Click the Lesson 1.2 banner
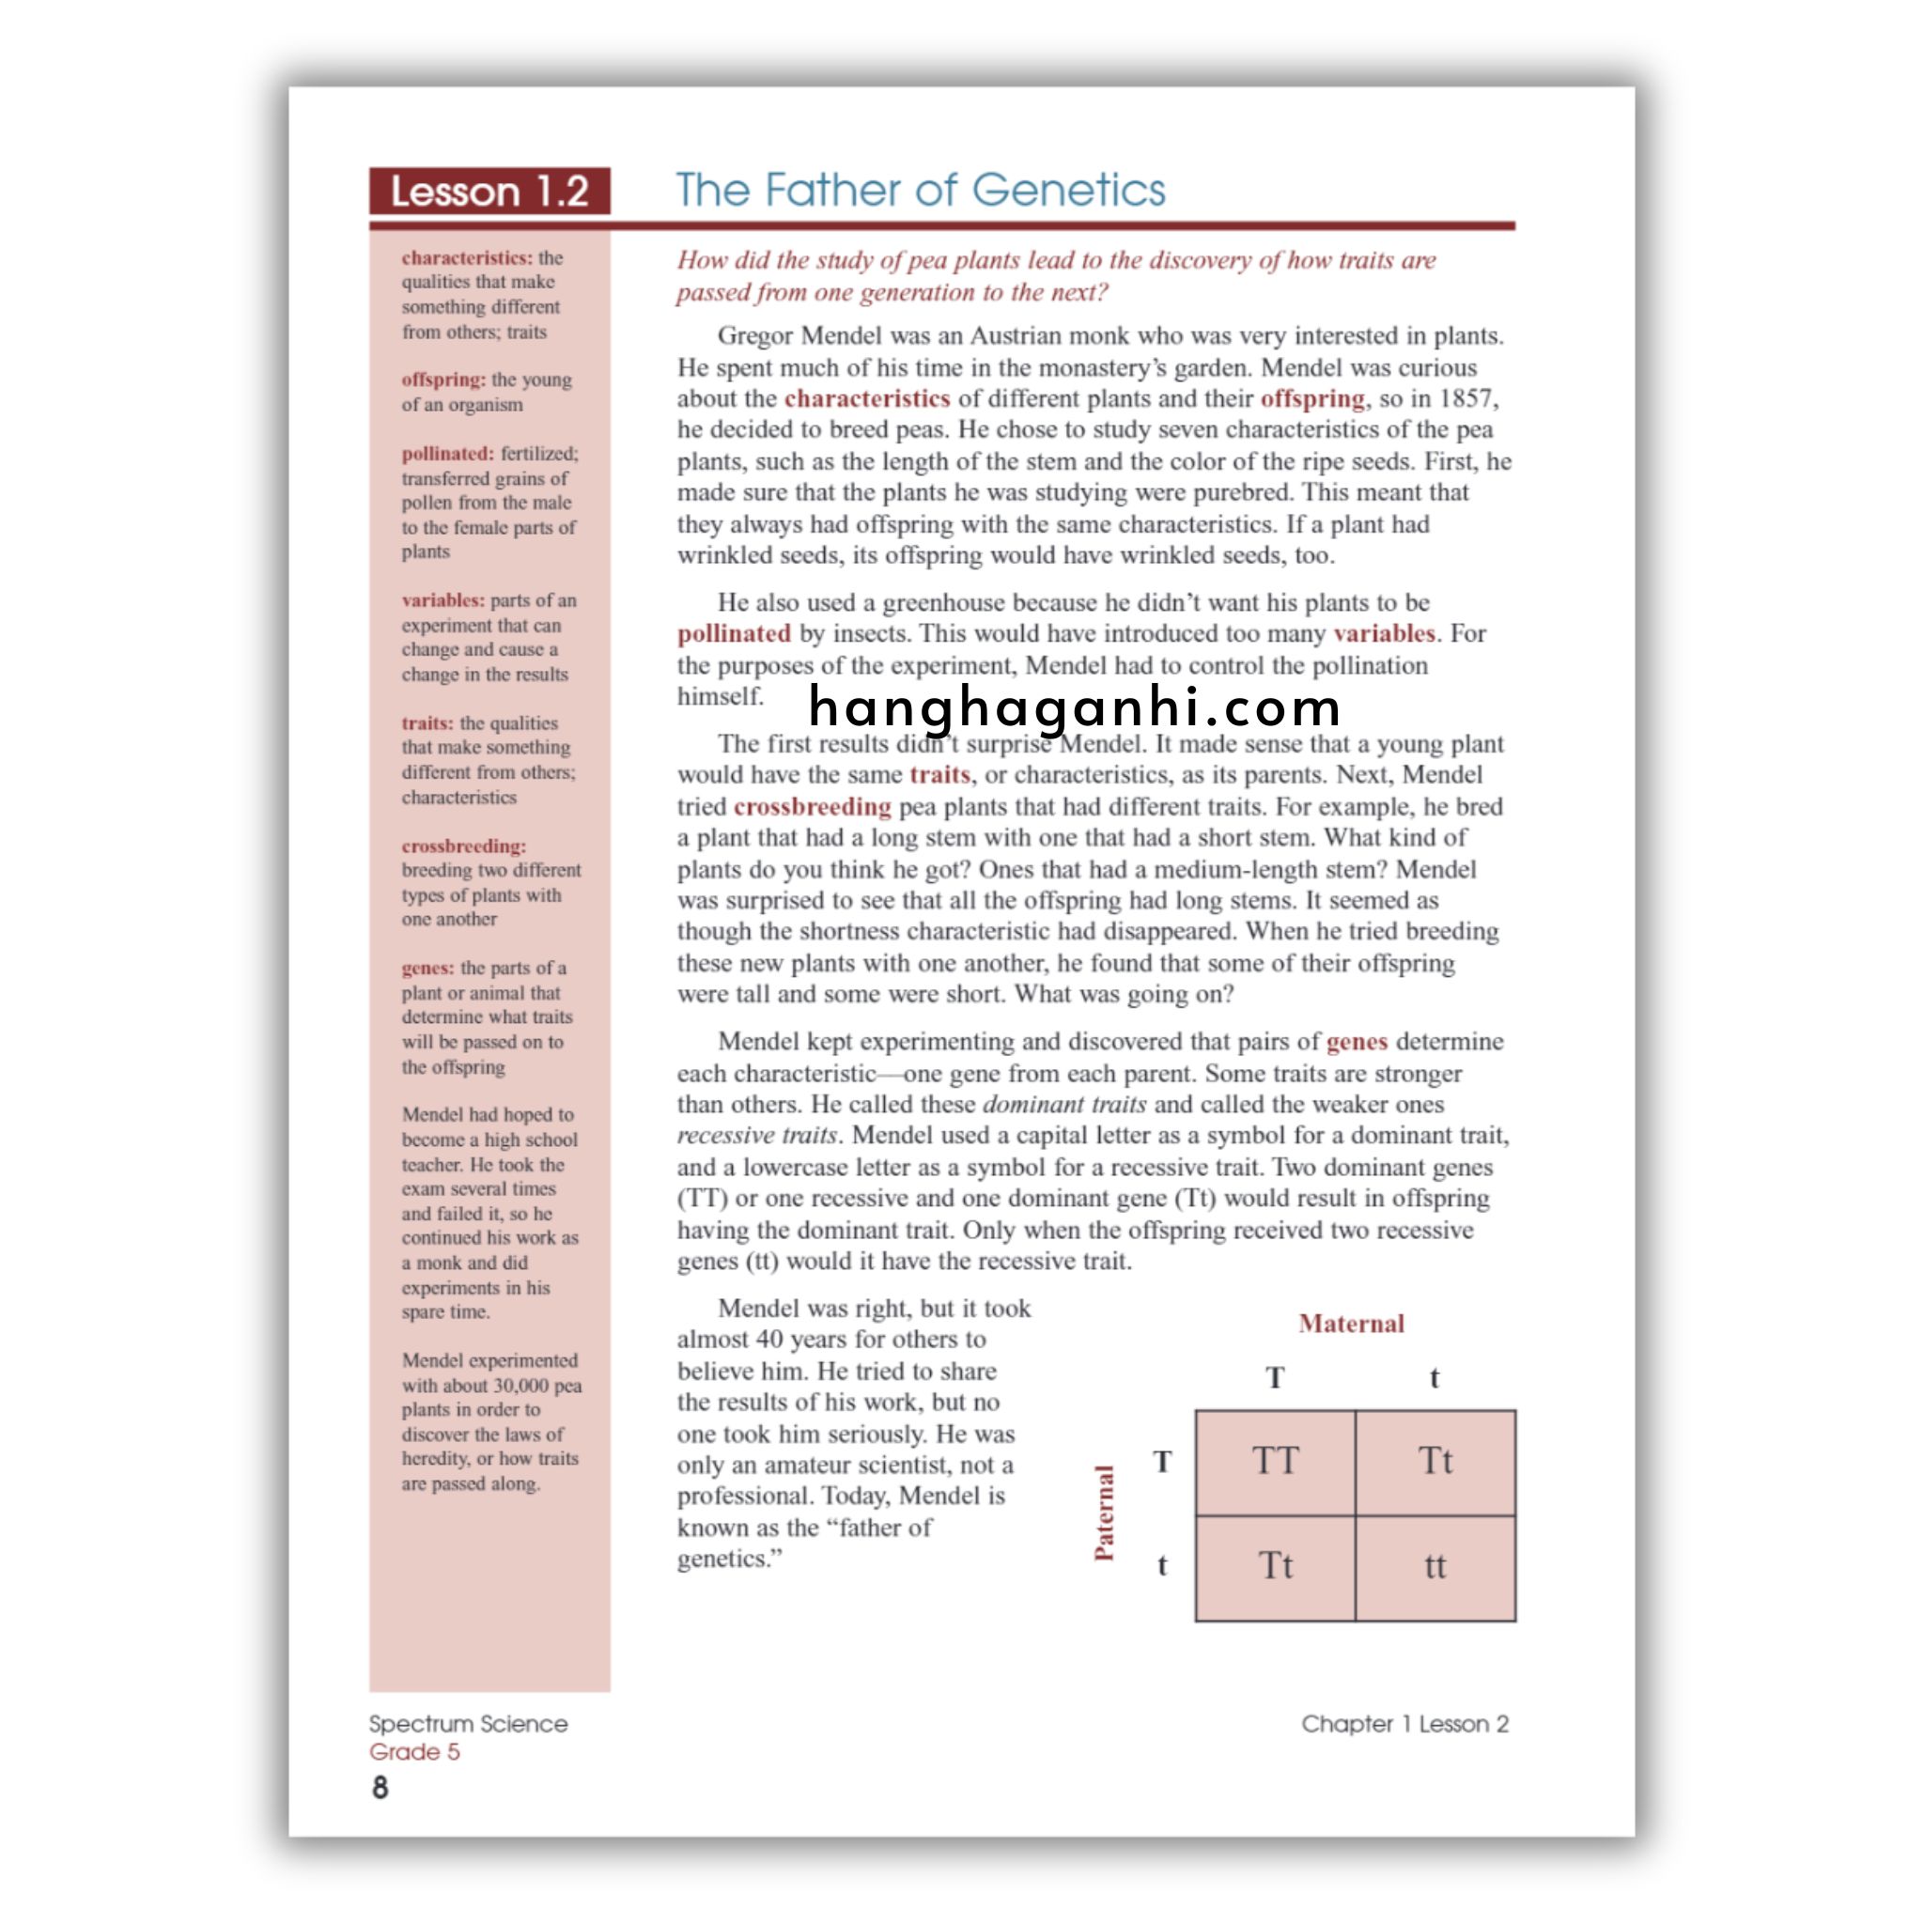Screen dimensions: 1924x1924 coord(489,192)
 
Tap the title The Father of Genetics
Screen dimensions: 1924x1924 coord(920,189)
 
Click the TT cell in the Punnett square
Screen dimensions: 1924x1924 coord(1275,1461)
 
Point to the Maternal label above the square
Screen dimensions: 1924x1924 coord(1351,1324)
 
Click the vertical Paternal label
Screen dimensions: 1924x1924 coord(1105,1513)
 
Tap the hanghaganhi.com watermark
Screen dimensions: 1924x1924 coord(1074,707)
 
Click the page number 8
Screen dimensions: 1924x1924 coord(380,1789)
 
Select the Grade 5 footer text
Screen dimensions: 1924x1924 coord(414,1752)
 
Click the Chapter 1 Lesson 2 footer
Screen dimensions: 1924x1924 coord(1404,1724)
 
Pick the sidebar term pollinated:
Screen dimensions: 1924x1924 coord(447,454)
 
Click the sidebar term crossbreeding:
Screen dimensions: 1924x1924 coord(464,846)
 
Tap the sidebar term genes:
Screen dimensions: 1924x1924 coord(427,968)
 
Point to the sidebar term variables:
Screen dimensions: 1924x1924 coord(443,600)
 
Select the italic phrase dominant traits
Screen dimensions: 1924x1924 coord(1063,1105)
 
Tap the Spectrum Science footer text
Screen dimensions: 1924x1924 coord(468,1724)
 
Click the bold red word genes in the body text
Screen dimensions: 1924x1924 coord(1357,1042)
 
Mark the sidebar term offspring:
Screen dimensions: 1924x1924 coord(443,380)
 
